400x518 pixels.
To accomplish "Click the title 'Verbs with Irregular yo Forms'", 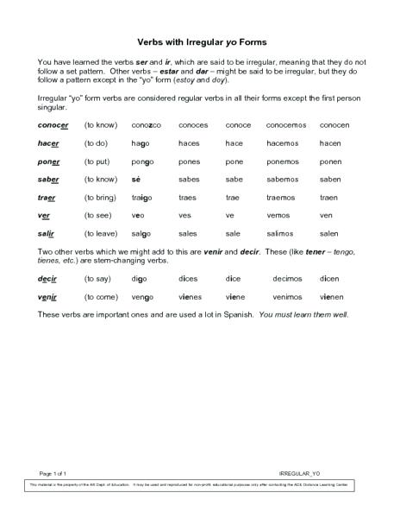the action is (x=200, y=41).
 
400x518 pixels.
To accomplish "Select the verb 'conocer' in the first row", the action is (x=53, y=125).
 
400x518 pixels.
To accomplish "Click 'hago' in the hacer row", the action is (x=142, y=143).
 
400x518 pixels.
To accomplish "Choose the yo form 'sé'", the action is (x=136, y=180).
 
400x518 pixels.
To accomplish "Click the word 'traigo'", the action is (x=143, y=197).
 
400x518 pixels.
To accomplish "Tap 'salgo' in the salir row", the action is (x=143, y=233).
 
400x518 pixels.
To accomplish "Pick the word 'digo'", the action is (x=141, y=280).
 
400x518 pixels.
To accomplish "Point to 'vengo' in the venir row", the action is (x=144, y=298).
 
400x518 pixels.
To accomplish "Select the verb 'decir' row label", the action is (x=47, y=280).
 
